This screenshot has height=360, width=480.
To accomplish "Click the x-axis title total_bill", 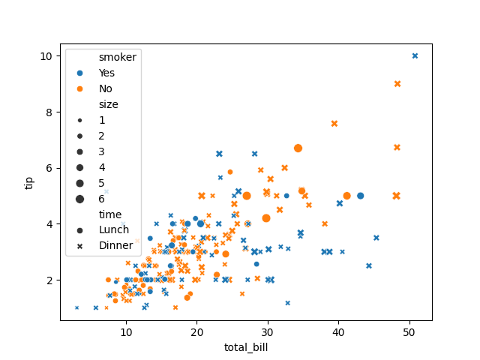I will tap(246, 347).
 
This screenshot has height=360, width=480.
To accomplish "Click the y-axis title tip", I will tap(29, 182).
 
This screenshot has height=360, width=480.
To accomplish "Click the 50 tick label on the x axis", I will tap(409, 332).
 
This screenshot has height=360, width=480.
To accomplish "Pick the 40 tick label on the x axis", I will tap(338, 332).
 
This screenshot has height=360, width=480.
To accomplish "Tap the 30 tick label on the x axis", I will tap(268, 332).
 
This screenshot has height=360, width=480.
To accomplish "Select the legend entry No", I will tap(106, 88).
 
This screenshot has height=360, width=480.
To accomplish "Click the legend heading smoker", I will tap(118, 57).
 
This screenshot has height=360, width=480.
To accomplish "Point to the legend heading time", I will tap(110, 214).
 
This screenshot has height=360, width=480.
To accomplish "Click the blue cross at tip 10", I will tap(415, 56).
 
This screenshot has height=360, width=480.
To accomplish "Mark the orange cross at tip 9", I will tap(397, 84).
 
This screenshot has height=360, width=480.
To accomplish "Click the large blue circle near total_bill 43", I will tap(360, 196).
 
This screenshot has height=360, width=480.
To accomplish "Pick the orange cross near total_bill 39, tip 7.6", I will tap(334, 124).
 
